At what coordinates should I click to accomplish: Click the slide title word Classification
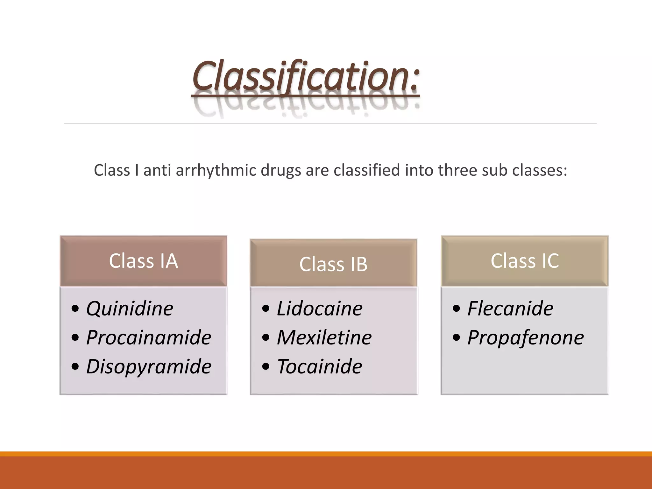306,76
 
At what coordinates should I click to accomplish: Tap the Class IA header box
143,261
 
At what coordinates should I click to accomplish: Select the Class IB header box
333,264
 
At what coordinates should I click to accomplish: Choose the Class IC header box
524,261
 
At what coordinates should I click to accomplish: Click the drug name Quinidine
130,308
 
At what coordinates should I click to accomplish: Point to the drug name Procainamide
149,337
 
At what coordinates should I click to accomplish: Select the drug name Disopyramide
149,366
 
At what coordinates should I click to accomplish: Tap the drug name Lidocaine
320,308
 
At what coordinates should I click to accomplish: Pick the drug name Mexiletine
324,337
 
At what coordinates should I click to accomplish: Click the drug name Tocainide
320,366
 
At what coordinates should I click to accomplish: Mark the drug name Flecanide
510,308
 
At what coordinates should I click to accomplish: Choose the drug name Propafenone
526,337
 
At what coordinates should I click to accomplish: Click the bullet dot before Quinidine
75,308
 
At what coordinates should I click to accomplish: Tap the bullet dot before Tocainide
266,366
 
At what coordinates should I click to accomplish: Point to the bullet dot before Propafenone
456,337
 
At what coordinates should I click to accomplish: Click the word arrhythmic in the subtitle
216,170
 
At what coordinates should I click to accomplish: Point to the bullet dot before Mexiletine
266,337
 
